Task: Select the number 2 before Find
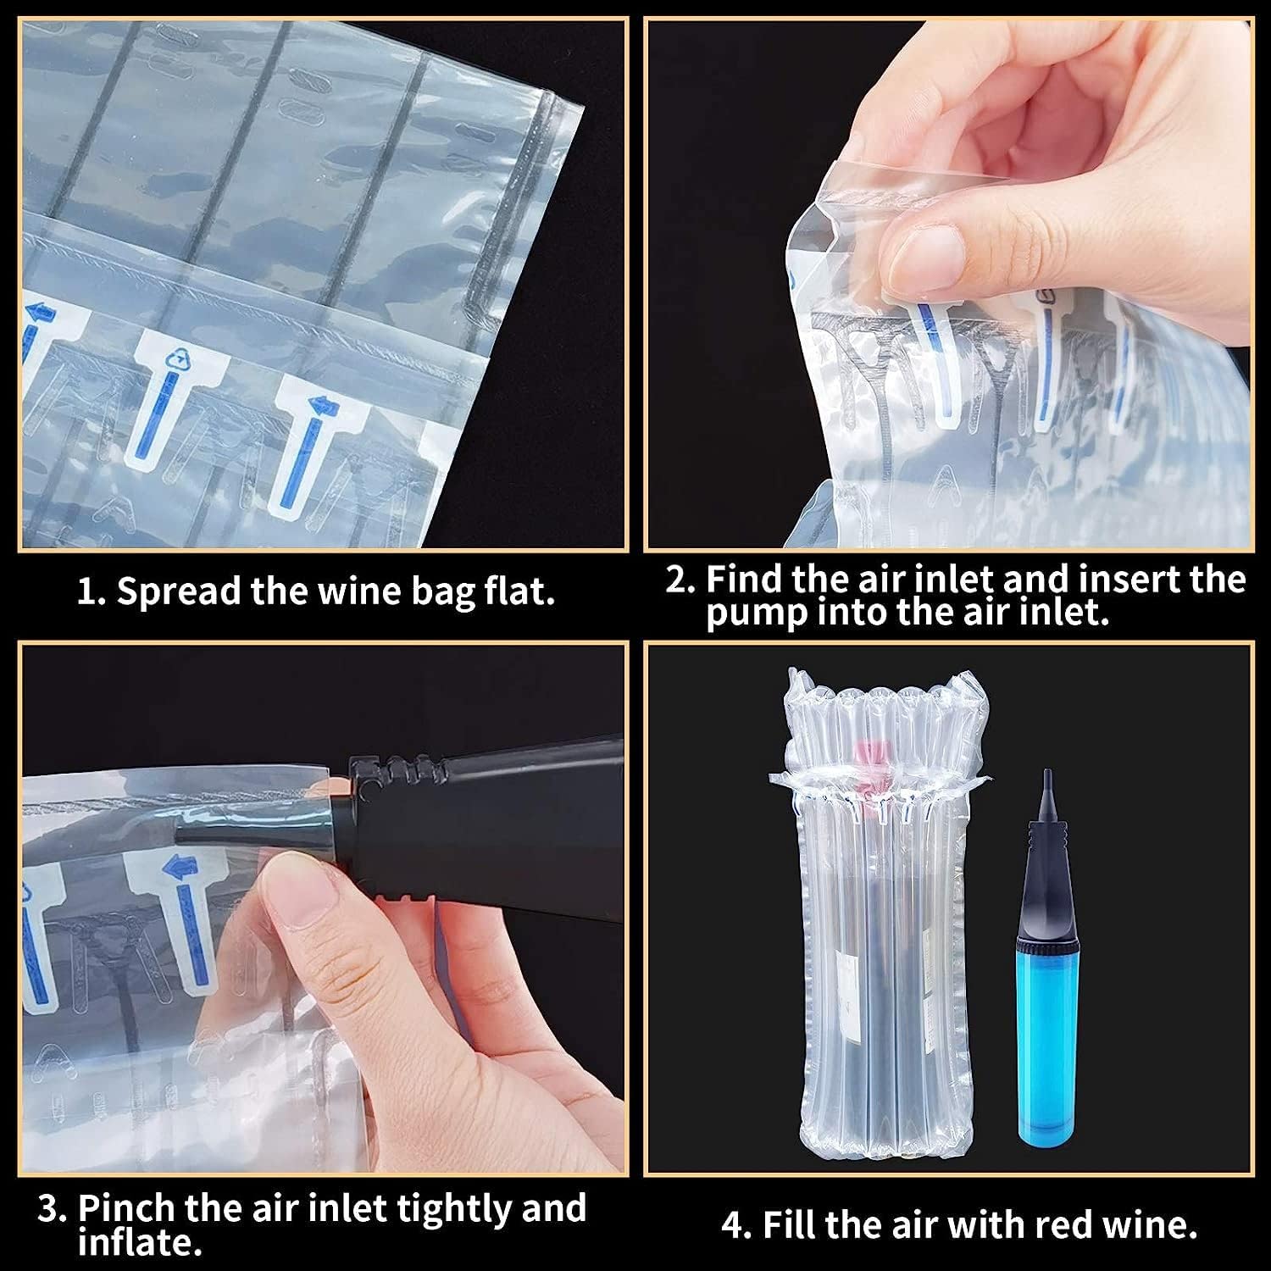[680, 580]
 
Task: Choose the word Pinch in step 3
[127, 1208]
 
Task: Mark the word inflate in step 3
[139, 1243]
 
